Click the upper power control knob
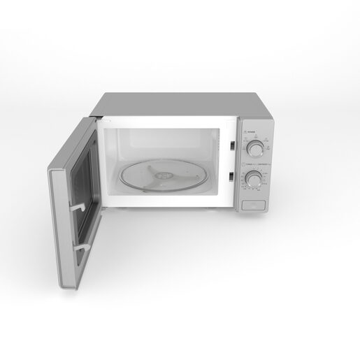point(257,147)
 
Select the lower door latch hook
point(83,245)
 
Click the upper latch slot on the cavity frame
point(230,145)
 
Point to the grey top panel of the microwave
point(175,105)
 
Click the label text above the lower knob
point(252,164)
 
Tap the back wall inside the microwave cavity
point(168,143)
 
